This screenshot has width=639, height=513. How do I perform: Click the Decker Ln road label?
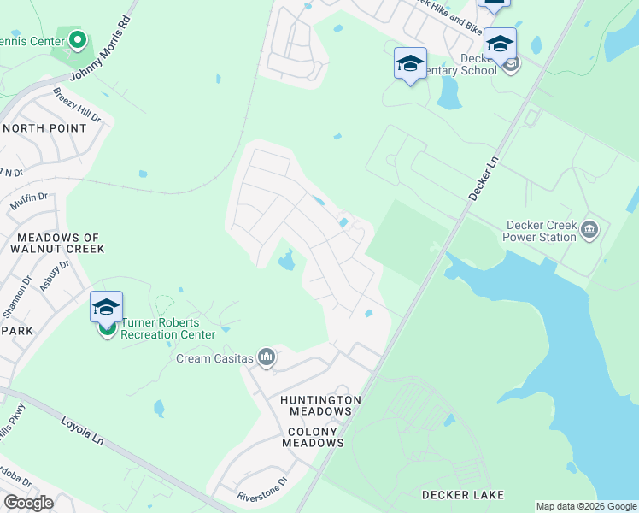coord(483,173)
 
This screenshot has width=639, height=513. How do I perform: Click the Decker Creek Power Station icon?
coord(589,229)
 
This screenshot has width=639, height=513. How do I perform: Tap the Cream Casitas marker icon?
coord(267,357)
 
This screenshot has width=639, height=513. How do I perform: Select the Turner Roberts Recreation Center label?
coord(167,328)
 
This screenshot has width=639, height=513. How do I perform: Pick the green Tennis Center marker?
coord(78,39)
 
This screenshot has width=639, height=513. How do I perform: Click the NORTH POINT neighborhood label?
coord(44,128)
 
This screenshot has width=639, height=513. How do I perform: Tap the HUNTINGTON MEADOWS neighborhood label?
coord(321,405)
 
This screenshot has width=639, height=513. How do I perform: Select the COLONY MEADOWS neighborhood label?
coord(315,437)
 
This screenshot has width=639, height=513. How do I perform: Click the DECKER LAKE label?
coord(462,495)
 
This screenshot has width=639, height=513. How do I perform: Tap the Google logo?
coord(27,503)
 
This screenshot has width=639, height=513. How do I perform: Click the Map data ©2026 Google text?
coord(586,506)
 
